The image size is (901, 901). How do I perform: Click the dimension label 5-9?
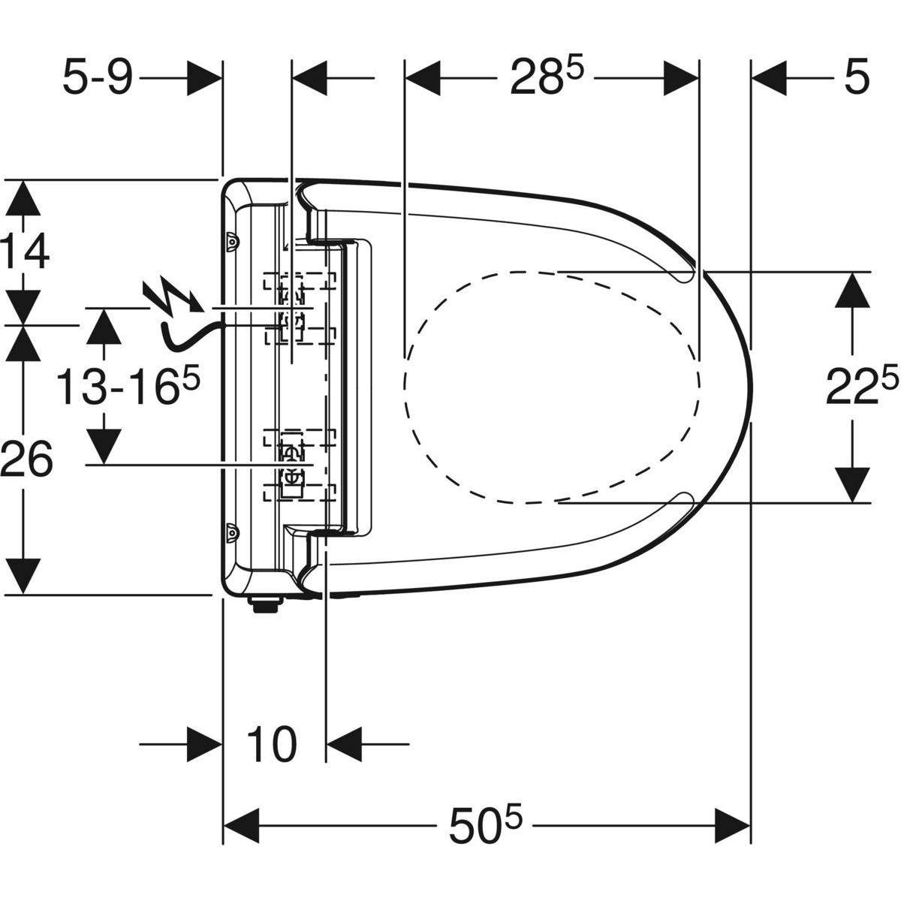[x=97, y=77]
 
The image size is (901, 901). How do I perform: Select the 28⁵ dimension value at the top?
[x=547, y=77]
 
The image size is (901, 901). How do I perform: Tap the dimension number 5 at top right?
[x=856, y=77]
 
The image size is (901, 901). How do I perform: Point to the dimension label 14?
[x=24, y=251]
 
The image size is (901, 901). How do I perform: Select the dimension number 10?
[x=271, y=745]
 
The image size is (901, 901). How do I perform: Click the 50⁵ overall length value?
[x=485, y=824]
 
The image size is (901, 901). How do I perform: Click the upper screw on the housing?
[x=232, y=242]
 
